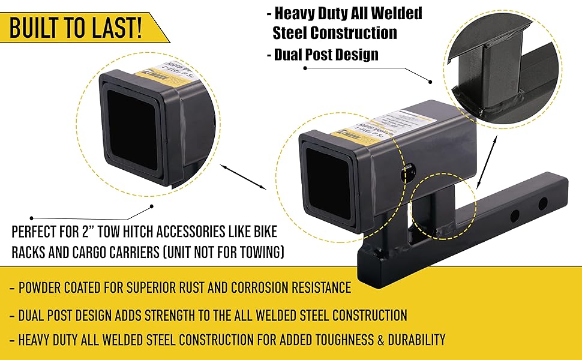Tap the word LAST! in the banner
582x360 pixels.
click(118, 28)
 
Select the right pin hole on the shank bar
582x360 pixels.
click(542, 203)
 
